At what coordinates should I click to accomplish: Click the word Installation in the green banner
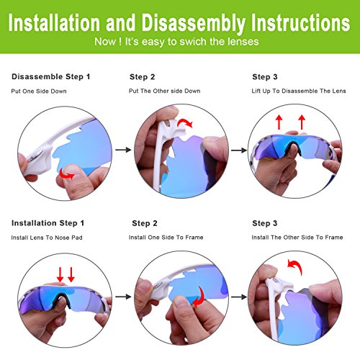pyautogui.click(x=54, y=22)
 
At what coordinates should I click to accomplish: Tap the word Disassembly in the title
pyautogui.click(x=194, y=23)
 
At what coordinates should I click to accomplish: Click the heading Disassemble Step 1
pyautogui.click(x=51, y=77)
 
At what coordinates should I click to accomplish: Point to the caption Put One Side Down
pyautogui.click(x=39, y=91)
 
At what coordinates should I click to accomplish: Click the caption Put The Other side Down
pyautogui.click(x=165, y=91)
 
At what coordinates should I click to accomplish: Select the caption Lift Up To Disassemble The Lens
pyautogui.click(x=299, y=91)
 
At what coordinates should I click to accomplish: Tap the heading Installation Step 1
pyautogui.click(x=48, y=223)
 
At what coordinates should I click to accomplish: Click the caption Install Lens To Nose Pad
pyautogui.click(x=47, y=238)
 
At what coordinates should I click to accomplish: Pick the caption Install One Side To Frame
pyautogui.click(x=166, y=238)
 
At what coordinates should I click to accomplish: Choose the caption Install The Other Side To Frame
pyautogui.click(x=297, y=238)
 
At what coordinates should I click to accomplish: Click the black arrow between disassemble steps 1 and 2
pyautogui.click(x=123, y=150)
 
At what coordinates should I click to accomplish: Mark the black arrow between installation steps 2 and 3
pyautogui.click(x=239, y=297)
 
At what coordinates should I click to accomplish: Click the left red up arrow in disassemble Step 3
pyautogui.click(x=279, y=122)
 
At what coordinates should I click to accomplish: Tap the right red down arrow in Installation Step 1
pyautogui.click(x=71, y=275)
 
